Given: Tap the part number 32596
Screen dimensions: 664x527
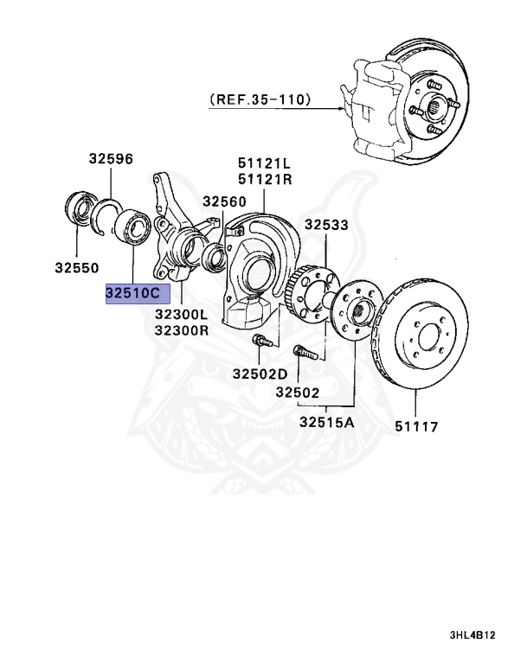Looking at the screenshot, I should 111,158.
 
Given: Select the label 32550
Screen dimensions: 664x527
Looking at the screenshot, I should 78,268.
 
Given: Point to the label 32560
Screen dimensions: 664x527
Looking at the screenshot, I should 225,201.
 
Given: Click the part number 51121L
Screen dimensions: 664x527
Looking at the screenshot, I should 265,163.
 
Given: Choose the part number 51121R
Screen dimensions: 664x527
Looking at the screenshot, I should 265,180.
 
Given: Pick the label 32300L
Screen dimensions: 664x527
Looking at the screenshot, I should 182,315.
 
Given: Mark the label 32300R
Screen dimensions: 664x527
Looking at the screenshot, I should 182,330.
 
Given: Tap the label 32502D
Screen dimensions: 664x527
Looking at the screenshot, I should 260,373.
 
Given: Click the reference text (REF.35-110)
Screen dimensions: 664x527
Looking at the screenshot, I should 260,99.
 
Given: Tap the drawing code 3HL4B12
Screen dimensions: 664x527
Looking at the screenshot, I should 472,635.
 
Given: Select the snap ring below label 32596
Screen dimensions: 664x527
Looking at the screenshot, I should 108,217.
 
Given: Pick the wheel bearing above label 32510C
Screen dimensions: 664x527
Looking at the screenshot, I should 133,225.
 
